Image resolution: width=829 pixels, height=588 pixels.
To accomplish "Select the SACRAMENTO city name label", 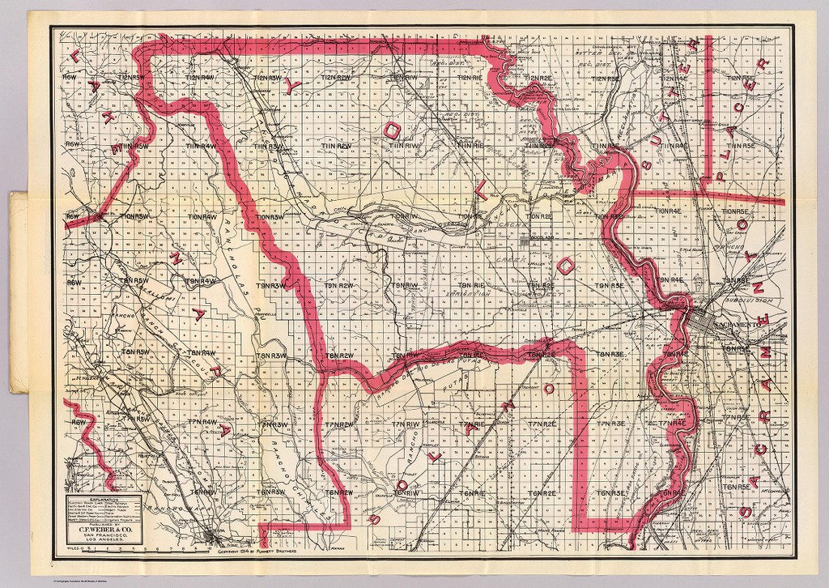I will point(733,323).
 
